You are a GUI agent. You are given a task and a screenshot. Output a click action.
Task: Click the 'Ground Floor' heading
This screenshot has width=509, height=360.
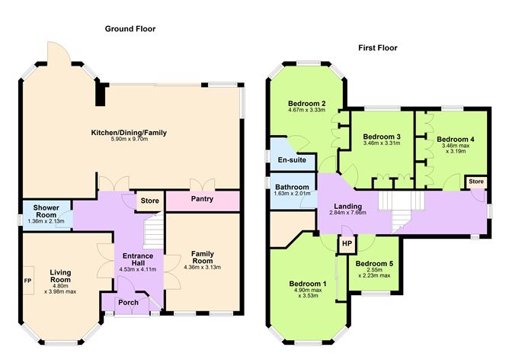coord(130,29)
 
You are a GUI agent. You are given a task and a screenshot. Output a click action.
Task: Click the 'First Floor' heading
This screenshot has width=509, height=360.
coord(377,47)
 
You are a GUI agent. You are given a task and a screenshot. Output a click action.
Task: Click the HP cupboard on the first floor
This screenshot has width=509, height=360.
coord(347,244)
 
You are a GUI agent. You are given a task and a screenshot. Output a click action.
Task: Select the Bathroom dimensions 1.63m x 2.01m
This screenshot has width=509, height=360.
coord(293,193)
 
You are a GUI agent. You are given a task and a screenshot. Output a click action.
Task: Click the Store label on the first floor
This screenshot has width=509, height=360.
coord(475,182)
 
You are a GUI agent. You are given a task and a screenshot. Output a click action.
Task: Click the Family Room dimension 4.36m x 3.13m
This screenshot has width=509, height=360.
coord(202,267)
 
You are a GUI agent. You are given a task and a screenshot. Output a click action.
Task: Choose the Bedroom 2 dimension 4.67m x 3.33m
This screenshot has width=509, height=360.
coord(307,110)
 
